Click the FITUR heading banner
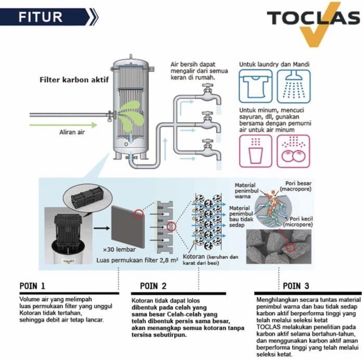click(x=49, y=16)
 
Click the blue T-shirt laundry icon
click(x=255, y=86)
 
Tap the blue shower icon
click(x=293, y=86)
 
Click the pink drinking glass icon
click(x=255, y=151)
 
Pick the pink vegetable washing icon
click(x=293, y=151)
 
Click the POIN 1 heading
click(x=32, y=286)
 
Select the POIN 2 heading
click(x=153, y=286)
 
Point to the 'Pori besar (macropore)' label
click(x=296, y=186)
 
